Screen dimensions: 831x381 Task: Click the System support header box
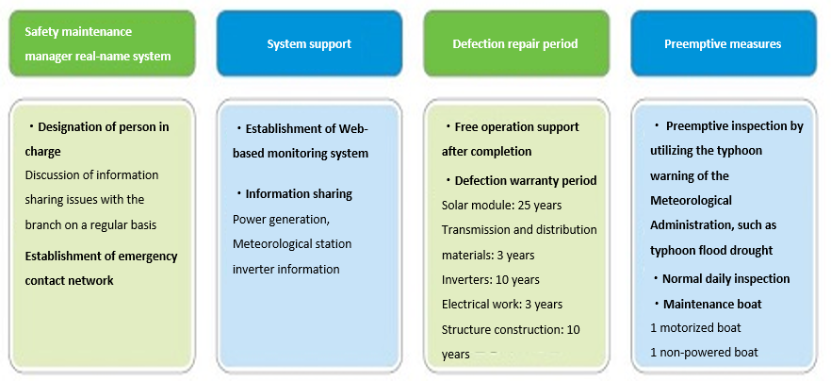pyautogui.click(x=309, y=43)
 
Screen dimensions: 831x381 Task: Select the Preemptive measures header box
pyautogui.click(x=723, y=43)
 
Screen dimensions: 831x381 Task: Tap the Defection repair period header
pyautogui.click(x=515, y=43)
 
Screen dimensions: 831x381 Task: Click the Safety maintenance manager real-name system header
pyautogui.click(x=103, y=43)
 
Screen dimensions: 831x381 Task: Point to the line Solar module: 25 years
pyautogui.click(x=501, y=205)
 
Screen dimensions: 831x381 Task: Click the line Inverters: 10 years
pyautogui.click(x=490, y=280)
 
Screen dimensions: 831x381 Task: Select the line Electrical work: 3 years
pyautogui.click(x=502, y=305)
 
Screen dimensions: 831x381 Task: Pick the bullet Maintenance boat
pyautogui.click(x=707, y=304)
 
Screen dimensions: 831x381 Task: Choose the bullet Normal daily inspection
pyautogui.click(x=721, y=278)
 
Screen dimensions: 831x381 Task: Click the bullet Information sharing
pyautogui.click(x=293, y=193)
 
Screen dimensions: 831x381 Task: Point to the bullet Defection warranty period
pyautogui.click(x=520, y=180)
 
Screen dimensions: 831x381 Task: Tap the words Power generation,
pyautogui.click(x=282, y=220)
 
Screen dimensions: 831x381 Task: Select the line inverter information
pyautogui.click(x=286, y=270)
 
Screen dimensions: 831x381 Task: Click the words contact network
pyautogui.click(x=70, y=280)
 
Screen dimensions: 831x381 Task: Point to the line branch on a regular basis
pyautogui.click(x=90, y=225)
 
